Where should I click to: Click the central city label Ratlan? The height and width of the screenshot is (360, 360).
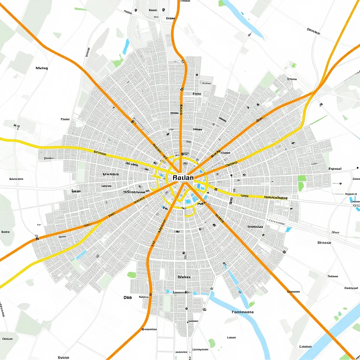click(x=183, y=178)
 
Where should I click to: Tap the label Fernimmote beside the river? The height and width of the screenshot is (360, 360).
click(x=243, y=312)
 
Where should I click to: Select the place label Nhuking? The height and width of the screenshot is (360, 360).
click(x=42, y=68)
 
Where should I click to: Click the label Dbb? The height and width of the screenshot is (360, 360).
click(x=128, y=297)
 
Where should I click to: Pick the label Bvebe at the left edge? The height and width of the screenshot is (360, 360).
click(x=5, y=232)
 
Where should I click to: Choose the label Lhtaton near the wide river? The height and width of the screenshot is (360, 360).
click(x=305, y=347)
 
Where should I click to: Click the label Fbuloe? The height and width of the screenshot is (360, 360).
click(x=65, y=119)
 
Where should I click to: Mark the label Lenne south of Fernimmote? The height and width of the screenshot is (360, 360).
click(x=231, y=337)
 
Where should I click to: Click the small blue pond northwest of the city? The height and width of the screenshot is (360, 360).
click(x=126, y=46)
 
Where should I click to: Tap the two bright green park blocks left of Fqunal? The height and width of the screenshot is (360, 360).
click(x=302, y=182)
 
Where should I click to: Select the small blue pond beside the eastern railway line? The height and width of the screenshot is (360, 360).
click(x=289, y=230)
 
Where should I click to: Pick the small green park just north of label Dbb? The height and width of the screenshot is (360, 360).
click(x=131, y=275)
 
